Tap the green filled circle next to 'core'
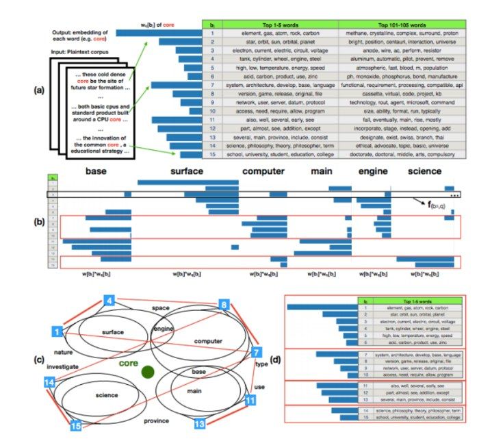[146, 372]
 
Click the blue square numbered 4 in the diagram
[109, 299]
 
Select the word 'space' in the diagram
[161, 307]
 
